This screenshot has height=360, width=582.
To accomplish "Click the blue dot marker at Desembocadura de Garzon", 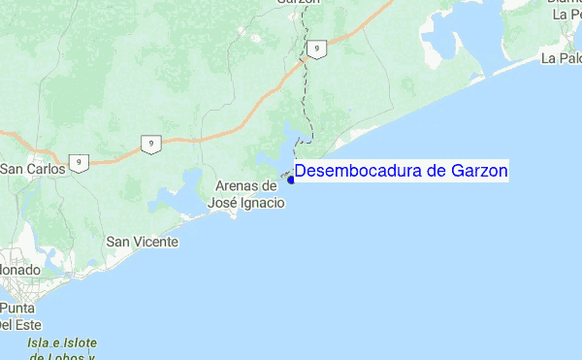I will click(x=291, y=179).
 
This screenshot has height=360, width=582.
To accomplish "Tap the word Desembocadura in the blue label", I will click(x=357, y=172).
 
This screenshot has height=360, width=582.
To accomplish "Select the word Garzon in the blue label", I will click(x=479, y=172).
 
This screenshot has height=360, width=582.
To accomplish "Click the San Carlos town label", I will click(x=32, y=169).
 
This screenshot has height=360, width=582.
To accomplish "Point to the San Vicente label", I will click(x=142, y=241).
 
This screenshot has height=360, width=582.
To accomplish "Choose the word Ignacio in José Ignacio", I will click(x=263, y=203).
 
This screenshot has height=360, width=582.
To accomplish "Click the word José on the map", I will click(x=224, y=203).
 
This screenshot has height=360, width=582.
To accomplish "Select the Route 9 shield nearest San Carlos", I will click(x=80, y=162).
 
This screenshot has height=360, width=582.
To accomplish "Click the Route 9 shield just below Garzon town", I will click(x=315, y=48).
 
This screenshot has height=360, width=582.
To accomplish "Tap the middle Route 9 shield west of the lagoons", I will click(x=149, y=145).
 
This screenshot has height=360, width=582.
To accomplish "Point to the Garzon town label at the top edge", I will click(x=298, y=4).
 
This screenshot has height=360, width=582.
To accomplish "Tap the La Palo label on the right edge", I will click(x=562, y=58).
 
